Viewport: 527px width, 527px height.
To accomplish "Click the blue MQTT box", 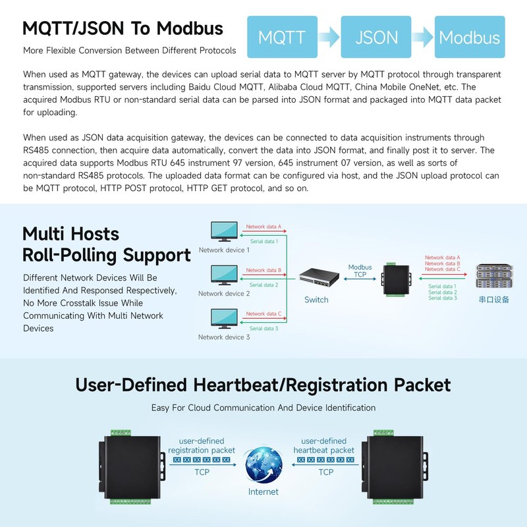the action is click(283, 37).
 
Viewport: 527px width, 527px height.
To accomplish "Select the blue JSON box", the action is click(376, 37).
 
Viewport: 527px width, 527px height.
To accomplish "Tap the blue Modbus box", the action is click(470, 37).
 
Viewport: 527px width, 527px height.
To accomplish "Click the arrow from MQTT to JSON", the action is click(329, 37).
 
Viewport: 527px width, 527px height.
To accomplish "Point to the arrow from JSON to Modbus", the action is click(423, 37).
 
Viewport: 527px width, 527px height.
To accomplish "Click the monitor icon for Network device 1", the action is click(224, 231).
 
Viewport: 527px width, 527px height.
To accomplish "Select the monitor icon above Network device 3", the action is click(224, 319).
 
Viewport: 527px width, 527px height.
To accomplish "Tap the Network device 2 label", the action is click(224, 293).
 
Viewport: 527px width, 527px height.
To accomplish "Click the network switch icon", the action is click(319, 277).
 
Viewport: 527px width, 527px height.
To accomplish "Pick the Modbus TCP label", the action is click(360, 271).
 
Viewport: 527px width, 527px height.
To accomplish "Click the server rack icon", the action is click(495, 276).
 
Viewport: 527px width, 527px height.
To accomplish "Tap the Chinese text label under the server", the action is click(493, 300).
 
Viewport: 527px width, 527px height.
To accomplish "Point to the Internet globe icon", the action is click(263, 465).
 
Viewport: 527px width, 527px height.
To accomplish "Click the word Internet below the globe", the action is click(263, 491).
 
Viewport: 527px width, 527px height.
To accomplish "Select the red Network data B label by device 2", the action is click(263, 270).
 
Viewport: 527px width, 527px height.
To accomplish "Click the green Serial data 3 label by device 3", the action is click(264, 328).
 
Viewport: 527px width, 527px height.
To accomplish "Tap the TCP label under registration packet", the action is click(202, 472).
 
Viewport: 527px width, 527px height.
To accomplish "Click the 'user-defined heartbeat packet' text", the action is click(323, 445).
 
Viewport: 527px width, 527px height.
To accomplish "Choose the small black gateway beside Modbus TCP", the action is click(397, 279).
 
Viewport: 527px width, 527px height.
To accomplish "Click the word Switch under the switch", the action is click(316, 300).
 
